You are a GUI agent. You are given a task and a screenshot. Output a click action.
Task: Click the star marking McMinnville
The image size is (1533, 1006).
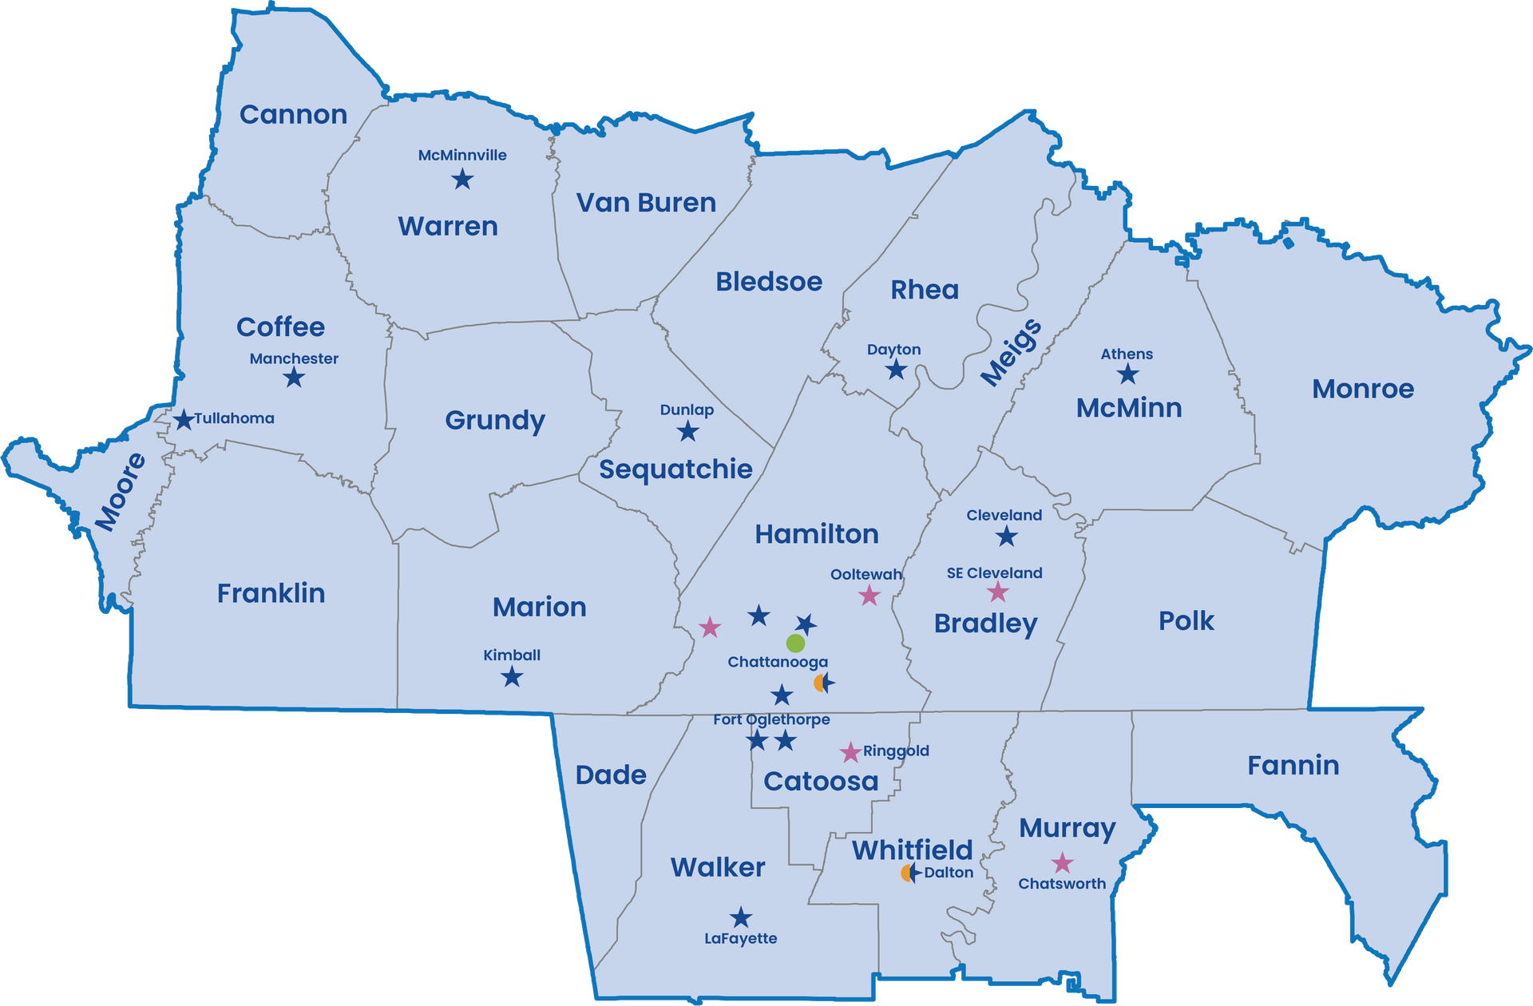(x=462, y=180)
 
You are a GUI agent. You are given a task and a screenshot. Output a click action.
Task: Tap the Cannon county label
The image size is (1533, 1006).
(x=293, y=115)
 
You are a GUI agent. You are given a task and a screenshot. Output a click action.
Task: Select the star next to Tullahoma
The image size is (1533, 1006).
(x=184, y=419)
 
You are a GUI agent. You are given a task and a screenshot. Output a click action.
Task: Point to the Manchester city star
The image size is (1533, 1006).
(x=294, y=377)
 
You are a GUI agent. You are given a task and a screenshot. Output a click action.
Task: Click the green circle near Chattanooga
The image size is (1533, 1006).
(x=795, y=643)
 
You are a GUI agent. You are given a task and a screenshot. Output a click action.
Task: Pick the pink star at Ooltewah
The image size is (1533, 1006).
(x=869, y=596)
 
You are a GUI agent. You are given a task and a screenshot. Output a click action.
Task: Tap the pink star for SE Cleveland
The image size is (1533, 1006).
(x=998, y=592)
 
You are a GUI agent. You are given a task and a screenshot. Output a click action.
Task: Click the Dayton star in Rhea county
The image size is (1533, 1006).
(x=896, y=370)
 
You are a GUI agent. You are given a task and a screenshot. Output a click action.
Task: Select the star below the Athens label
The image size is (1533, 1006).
(x=1127, y=374)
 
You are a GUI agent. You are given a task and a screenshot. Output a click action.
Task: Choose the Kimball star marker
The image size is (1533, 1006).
(x=512, y=677)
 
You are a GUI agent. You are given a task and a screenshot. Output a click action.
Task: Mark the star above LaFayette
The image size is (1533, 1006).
(x=741, y=917)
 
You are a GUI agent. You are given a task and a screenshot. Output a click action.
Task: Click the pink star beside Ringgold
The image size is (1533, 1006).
(x=850, y=752)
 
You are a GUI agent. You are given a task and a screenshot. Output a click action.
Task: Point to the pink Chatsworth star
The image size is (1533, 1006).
(x=1062, y=863)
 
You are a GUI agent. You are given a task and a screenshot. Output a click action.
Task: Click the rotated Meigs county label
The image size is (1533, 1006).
(x=1011, y=352)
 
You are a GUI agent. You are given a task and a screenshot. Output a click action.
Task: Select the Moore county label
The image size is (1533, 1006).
(x=121, y=492)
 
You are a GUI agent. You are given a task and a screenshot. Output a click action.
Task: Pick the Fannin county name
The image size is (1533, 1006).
(x=1293, y=766)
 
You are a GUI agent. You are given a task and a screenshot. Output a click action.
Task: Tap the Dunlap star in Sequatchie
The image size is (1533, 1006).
(x=687, y=432)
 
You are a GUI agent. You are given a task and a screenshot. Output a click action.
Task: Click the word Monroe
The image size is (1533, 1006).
(x=1363, y=389)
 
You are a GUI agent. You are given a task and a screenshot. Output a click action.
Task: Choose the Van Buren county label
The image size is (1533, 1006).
(x=646, y=203)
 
